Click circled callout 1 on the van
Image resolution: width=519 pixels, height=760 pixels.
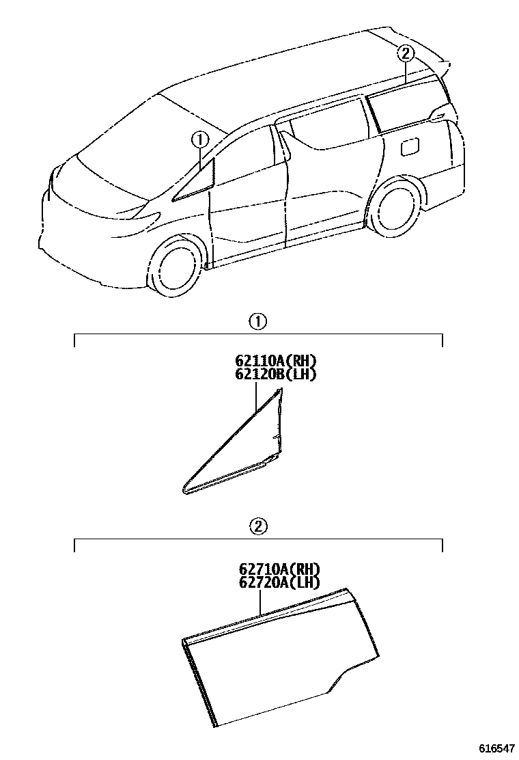(199, 139)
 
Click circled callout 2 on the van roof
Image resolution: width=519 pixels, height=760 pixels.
(405, 53)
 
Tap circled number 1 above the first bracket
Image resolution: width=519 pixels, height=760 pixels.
(257, 321)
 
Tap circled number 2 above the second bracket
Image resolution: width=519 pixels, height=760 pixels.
(257, 526)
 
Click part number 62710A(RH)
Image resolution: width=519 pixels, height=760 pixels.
(279, 569)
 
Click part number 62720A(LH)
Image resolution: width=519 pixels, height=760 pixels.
(279, 582)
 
